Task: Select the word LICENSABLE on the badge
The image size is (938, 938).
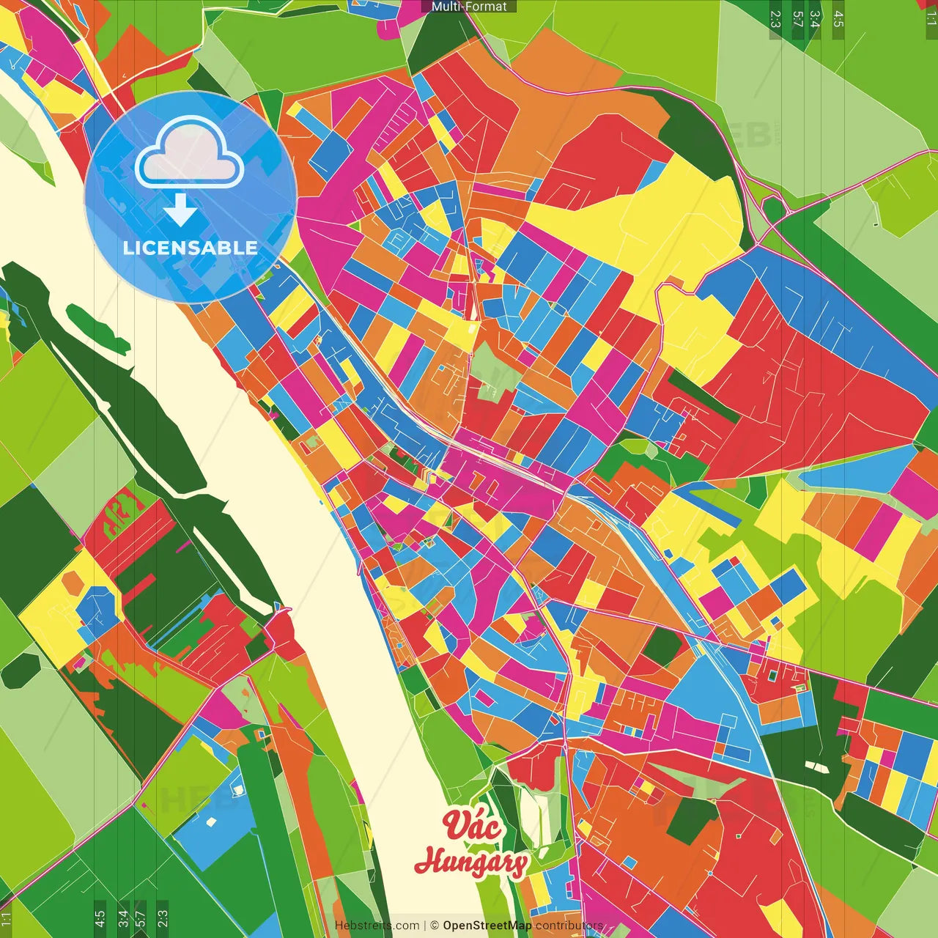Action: tap(190, 248)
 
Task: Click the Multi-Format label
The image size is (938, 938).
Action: tap(469, 7)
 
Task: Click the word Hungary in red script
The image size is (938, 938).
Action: tap(470, 862)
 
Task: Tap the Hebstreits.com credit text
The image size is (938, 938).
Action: tap(377, 926)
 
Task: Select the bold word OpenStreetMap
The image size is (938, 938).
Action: tap(487, 926)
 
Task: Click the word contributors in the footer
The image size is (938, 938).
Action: tap(569, 926)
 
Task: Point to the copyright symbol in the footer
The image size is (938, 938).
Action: tap(434, 926)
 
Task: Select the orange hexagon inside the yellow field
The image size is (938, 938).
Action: tap(73, 582)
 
